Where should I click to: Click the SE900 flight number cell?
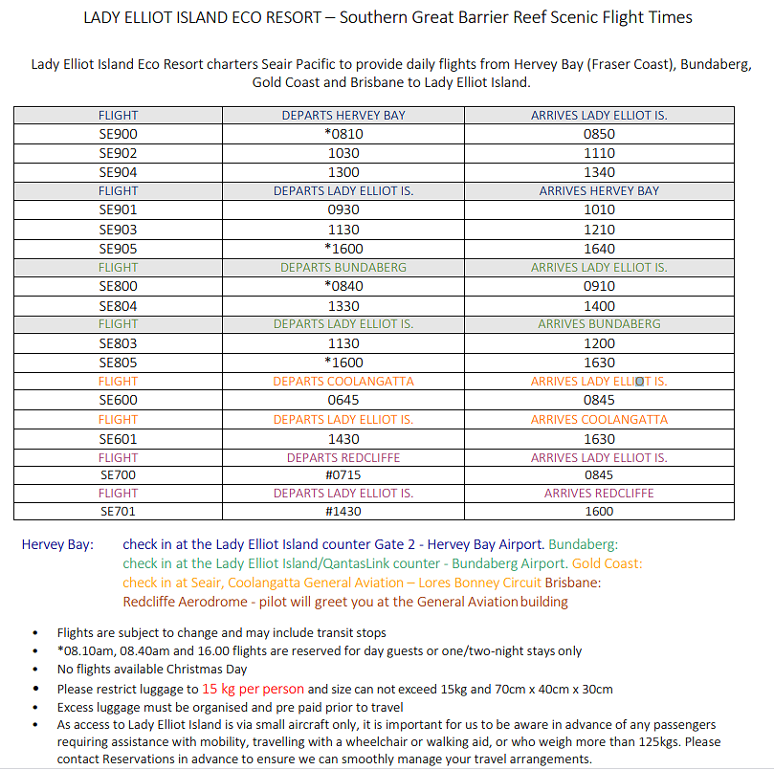[x=118, y=134]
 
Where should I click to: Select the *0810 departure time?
[x=343, y=134]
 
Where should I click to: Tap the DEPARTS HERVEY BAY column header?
[x=343, y=115]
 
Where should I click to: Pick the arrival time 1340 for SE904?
[x=599, y=172]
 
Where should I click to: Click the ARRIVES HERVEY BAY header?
[x=599, y=190]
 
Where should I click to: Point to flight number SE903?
[x=118, y=230]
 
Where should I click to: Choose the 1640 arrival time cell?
[x=599, y=249]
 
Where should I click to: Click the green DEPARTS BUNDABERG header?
[x=343, y=267]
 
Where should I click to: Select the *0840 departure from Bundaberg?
[x=343, y=286]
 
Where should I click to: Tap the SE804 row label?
[x=118, y=306]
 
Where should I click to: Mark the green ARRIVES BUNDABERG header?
[x=599, y=324]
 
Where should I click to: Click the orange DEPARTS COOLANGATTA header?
[x=343, y=381]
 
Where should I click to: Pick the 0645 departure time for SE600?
[x=343, y=401]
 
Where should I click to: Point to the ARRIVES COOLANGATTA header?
[x=599, y=419]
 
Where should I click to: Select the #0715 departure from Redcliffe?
[x=343, y=474]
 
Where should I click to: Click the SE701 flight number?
[x=118, y=511]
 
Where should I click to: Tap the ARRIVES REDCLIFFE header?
[x=599, y=493]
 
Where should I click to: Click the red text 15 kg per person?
[x=253, y=689]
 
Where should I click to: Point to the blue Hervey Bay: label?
[x=58, y=544]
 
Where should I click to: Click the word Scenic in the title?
[x=532, y=17]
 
